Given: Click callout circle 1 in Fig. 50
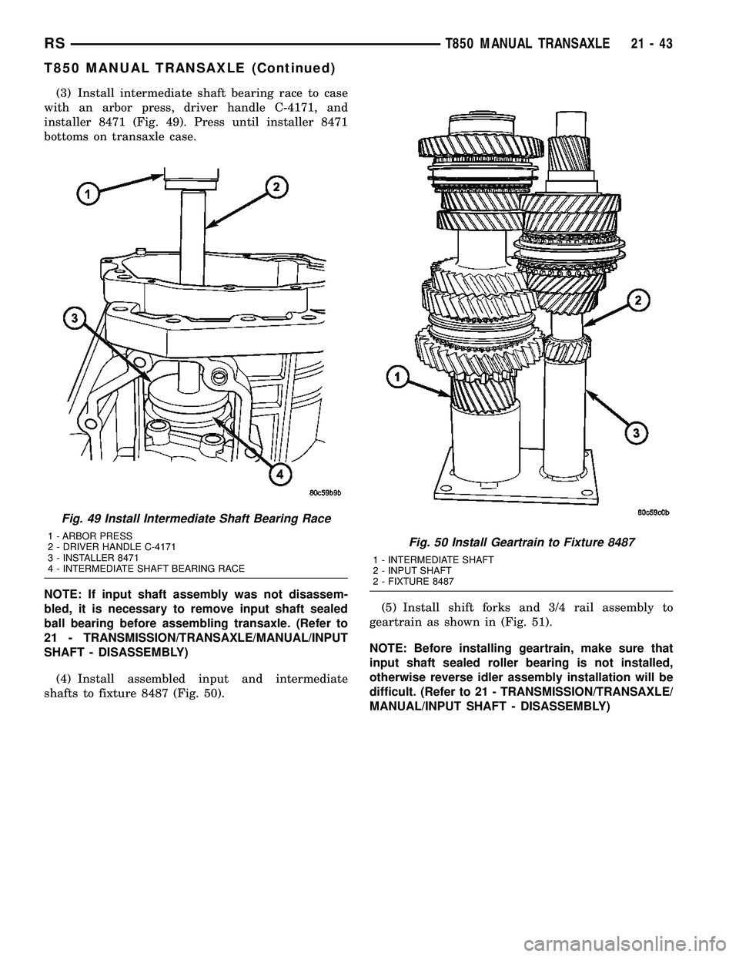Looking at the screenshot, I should coord(397,377).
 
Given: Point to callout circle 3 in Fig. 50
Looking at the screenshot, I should coord(635,434).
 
